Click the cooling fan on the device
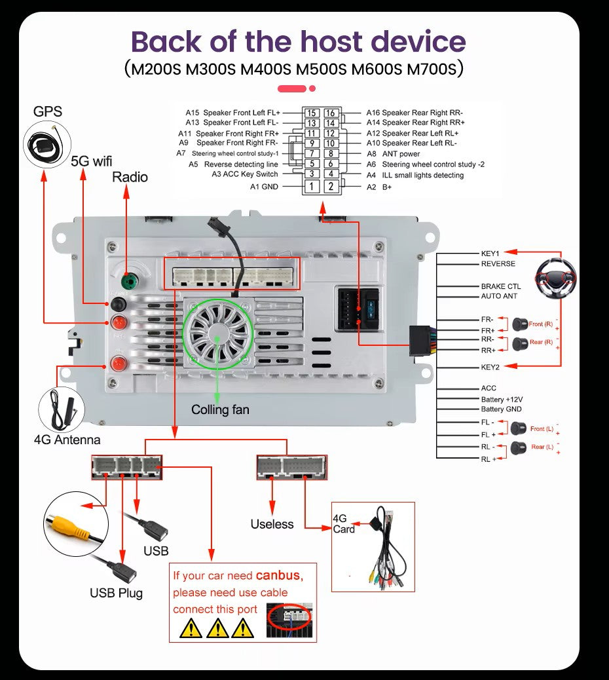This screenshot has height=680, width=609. [x=216, y=333]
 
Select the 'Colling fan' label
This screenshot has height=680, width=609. [x=220, y=410]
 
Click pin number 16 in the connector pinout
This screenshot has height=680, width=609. [x=331, y=113]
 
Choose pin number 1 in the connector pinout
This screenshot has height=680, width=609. [x=312, y=187]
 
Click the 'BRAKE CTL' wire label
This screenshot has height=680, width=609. [x=501, y=286]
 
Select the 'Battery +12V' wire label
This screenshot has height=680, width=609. [x=502, y=399]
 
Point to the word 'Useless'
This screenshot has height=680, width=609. [x=272, y=524]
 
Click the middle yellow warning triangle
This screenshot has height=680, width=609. [x=217, y=629]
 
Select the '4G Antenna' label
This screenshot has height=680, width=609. [x=67, y=440]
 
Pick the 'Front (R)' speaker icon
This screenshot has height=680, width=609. [x=521, y=323]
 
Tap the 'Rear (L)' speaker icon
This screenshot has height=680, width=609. [x=519, y=447]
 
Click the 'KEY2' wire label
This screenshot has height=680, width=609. [x=490, y=367]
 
